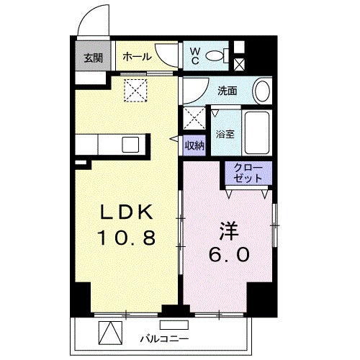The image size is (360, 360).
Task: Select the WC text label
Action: [195, 55]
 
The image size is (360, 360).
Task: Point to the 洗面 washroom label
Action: [228, 92]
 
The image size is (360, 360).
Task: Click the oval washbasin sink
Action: [264, 92]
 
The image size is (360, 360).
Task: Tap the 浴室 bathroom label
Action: [224, 134]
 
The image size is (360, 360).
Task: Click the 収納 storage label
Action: [194, 145]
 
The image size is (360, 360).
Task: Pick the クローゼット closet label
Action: [248, 173]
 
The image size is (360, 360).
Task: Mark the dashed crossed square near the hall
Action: [134, 90]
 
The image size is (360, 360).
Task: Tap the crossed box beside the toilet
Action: [239, 63]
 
